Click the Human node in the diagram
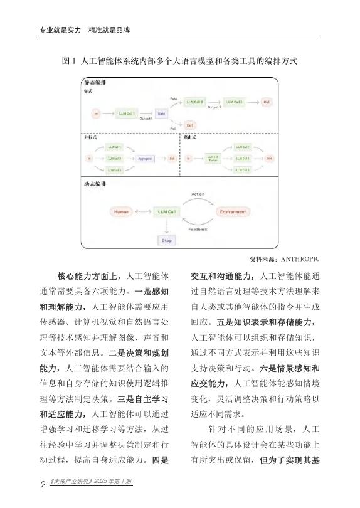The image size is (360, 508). tap(120, 212)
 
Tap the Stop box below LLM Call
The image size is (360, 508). tap(167, 240)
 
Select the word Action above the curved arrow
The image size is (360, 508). tap(198, 194)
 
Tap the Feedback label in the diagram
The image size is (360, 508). tap(198, 231)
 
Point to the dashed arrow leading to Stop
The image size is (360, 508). tap(167, 226)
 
